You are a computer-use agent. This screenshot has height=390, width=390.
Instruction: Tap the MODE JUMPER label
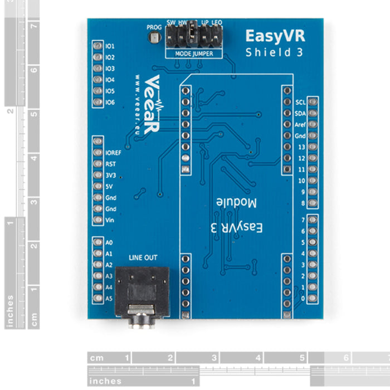(x=193, y=54)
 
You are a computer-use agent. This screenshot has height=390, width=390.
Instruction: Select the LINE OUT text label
(x=143, y=257)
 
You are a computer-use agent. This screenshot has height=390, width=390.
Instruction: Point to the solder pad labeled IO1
(x=98, y=46)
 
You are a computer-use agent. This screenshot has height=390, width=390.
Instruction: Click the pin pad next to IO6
(x=98, y=103)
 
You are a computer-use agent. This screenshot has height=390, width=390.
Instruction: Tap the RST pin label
(x=110, y=164)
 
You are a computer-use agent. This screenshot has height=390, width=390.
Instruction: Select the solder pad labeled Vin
(x=98, y=220)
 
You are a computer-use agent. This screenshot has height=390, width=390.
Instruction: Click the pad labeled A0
(x=98, y=242)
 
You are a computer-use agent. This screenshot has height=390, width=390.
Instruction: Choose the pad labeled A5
(x=98, y=298)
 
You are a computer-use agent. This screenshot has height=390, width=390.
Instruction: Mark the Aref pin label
(x=300, y=125)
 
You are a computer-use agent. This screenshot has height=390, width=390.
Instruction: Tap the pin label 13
(x=301, y=147)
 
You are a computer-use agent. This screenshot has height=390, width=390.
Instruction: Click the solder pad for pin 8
(x=313, y=203)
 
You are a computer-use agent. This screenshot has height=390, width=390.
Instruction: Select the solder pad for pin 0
(x=313, y=299)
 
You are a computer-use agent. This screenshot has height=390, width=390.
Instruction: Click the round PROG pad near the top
(x=154, y=37)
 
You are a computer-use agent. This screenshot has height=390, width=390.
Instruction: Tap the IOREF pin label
(x=113, y=153)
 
